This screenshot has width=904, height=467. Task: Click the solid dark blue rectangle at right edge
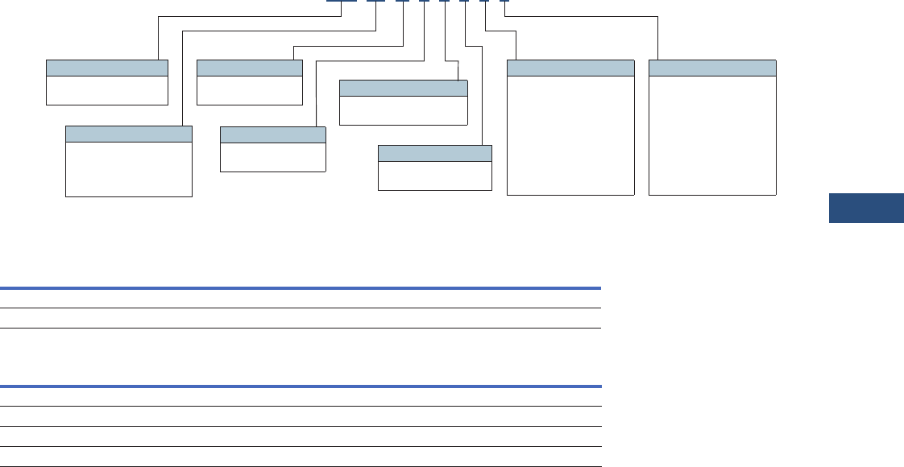[866, 209]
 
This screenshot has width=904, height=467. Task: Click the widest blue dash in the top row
[342, 2]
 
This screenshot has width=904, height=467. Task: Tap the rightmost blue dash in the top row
[504, 2]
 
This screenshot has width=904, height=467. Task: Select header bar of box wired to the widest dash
[107, 68]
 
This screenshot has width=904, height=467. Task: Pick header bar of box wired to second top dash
[128, 134]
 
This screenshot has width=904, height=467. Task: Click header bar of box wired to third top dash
[250, 68]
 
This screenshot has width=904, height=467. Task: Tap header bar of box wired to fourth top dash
[272, 134]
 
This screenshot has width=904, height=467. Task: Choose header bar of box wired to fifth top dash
[404, 88]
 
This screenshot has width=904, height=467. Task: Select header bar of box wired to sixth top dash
[434, 154]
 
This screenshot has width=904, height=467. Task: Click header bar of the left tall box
[570, 68]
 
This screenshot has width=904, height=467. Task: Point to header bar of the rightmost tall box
[712, 68]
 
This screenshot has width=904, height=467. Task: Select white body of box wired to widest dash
[107, 90]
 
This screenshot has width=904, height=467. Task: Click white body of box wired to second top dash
[128, 169]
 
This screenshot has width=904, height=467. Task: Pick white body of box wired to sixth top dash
[434, 176]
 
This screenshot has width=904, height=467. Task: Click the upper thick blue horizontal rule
[301, 287]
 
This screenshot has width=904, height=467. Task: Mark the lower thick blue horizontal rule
[301, 386]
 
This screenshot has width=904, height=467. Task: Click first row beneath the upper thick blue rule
[301, 298]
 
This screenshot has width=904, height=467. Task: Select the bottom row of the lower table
[301, 457]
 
